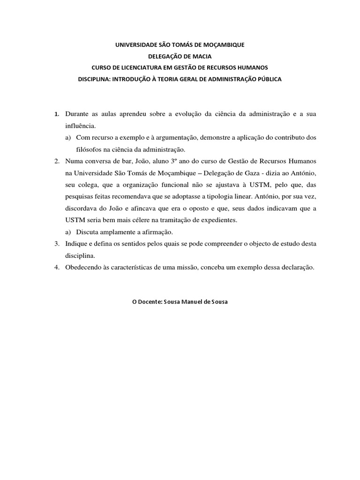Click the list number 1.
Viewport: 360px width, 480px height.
tap(56, 114)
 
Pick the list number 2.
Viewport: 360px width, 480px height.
tap(56, 161)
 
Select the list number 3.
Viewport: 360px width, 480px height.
tap(56, 244)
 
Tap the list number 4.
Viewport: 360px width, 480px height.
tap(56, 267)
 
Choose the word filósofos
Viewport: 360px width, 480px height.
tap(90, 150)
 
